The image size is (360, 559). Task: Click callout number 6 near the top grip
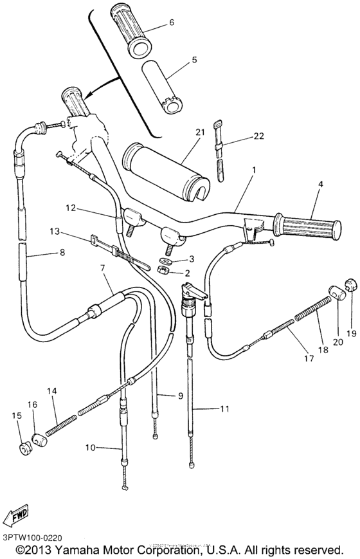tap(172, 23)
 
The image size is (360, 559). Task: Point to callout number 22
tap(240, 136)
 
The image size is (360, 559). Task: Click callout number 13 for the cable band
tap(54, 232)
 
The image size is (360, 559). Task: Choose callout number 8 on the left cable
tap(62, 253)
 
